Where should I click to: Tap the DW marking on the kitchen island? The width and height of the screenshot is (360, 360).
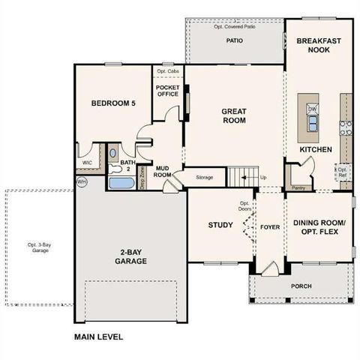point(310,109)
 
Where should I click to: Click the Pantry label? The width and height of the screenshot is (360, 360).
point(298,189)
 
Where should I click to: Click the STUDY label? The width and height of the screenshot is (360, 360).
point(221,225)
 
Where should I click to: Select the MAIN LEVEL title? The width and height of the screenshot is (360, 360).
point(98,337)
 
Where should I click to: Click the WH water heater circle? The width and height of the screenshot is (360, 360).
point(81,181)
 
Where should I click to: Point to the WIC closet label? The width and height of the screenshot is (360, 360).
point(87,161)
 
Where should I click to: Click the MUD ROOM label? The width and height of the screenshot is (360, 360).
point(163,170)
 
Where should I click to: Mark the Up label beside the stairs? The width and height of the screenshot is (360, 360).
point(262,177)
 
